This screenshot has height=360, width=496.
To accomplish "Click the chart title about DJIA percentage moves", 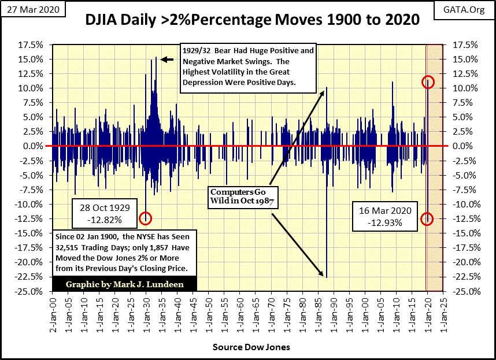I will click(252, 21).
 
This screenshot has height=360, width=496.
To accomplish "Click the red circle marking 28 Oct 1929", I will click(145, 218).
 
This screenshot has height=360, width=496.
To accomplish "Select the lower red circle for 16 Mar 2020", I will click(428, 218).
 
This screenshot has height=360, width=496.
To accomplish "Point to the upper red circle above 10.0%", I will click(428, 81).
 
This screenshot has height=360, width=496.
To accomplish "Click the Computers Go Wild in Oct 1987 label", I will click(243, 196).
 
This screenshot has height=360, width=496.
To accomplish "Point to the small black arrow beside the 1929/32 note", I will click(166, 59).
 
